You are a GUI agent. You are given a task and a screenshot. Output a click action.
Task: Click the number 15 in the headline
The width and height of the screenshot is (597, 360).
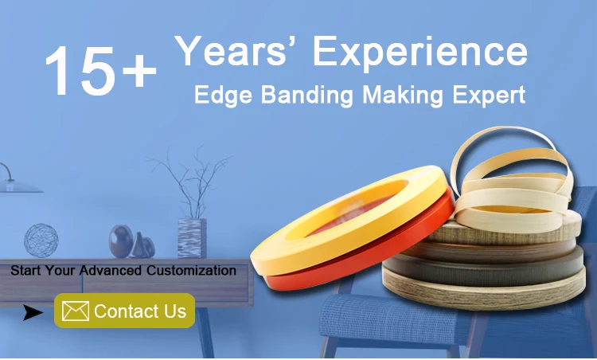point(80,70)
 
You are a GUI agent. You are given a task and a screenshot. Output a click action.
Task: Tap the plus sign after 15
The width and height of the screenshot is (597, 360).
point(139,70)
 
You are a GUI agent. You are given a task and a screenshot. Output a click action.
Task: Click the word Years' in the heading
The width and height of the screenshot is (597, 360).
point(230,51)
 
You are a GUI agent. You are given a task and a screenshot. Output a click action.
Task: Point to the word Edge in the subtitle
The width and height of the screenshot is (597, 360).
point(223,96)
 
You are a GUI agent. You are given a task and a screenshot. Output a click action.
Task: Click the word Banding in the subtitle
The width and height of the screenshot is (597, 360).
point(307,96)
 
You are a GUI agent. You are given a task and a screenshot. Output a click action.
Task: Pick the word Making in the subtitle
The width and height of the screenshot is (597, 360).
point(403,96)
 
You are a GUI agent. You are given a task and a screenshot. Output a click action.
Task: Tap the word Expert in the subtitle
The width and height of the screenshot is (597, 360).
point(489,96)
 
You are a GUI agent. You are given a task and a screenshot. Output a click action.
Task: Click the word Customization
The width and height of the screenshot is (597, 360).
point(191,271)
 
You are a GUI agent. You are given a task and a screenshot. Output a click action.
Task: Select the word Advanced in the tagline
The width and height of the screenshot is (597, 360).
point(111,271)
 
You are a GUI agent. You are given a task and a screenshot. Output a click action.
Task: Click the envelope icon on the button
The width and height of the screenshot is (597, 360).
point(76,311)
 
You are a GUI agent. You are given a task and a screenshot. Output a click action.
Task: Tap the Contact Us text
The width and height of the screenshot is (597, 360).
point(140,311)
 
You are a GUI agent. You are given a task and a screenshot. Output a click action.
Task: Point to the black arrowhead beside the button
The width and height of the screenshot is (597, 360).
point(32,312)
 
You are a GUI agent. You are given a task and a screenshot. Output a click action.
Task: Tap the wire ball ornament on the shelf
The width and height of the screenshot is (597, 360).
point(41,241)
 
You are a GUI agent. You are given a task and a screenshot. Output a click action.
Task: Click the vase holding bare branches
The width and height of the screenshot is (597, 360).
point(193,239)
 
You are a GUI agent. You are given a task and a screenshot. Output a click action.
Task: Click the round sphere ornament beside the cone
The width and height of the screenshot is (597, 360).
point(121,241)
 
